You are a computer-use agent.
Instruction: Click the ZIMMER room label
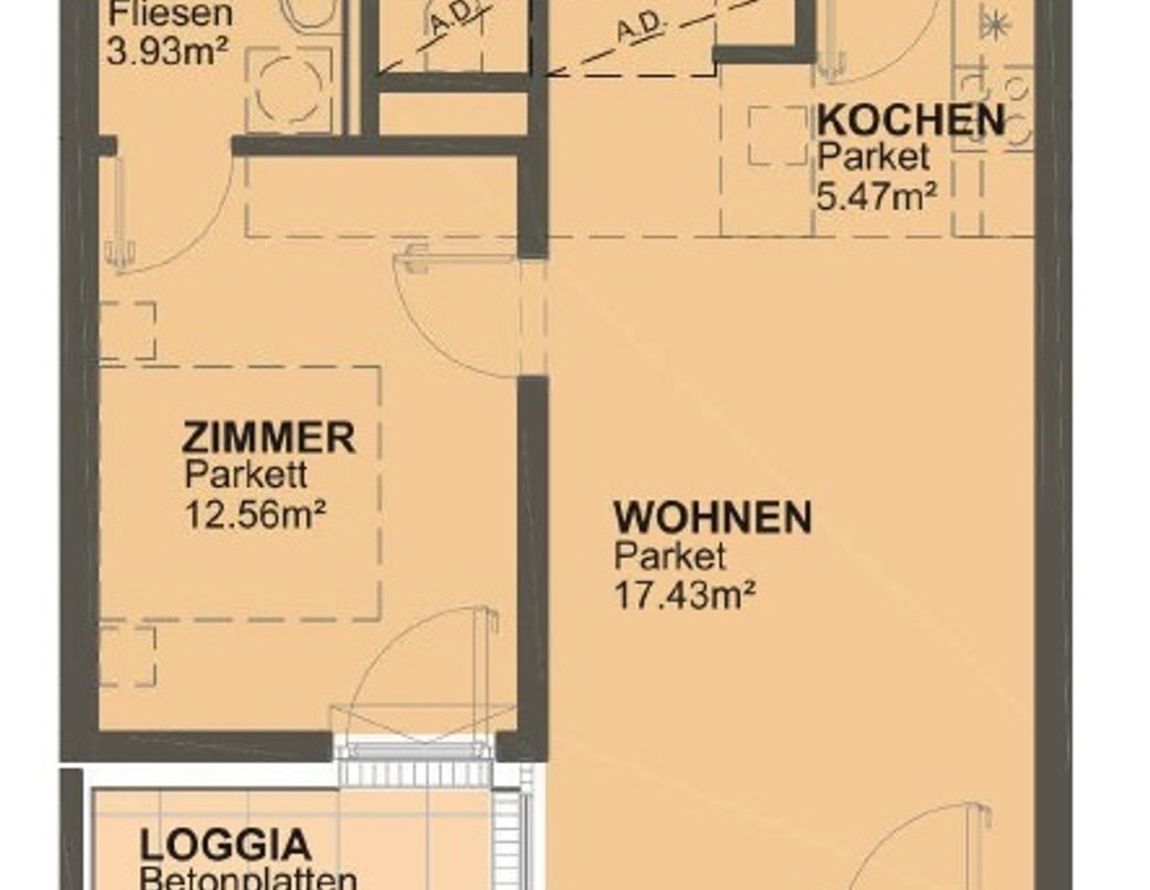[x=269, y=438]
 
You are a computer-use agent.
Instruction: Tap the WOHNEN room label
[x=713, y=517]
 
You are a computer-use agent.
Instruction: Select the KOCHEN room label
[x=911, y=120]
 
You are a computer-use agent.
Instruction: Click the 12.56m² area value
[x=255, y=513]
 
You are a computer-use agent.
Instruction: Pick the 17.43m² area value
[x=685, y=595]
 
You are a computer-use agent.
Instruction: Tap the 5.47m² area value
[x=877, y=197]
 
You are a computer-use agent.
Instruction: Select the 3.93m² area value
[x=168, y=52]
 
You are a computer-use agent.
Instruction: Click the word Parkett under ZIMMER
[x=246, y=475]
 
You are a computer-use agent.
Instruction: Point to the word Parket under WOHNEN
[x=670, y=556]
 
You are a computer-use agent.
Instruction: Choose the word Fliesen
[x=170, y=14]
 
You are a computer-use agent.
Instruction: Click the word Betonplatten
[x=248, y=879]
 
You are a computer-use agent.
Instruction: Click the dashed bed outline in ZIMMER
[x=240, y=494]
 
